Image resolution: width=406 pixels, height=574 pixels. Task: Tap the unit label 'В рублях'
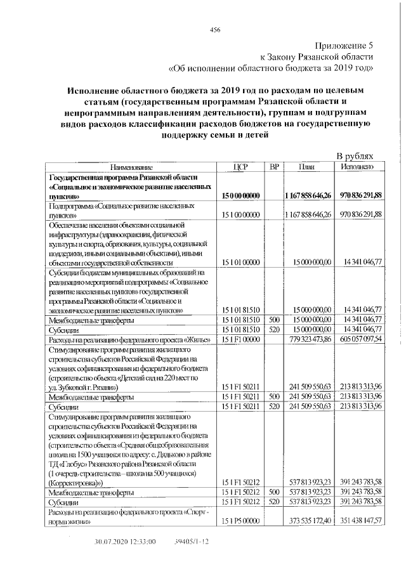click(x=358, y=156)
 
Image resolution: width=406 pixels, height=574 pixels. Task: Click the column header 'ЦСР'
click(x=240, y=166)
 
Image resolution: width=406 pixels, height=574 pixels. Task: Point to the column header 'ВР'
click(x=274, y=166)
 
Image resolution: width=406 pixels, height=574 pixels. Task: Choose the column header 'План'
click(x=308, y=166)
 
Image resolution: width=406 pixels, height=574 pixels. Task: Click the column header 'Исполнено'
click(x=360, y=166)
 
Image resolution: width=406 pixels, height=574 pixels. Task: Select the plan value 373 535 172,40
click(x=309, y=522)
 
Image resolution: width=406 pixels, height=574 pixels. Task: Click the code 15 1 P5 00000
click(x=241, y=522)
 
